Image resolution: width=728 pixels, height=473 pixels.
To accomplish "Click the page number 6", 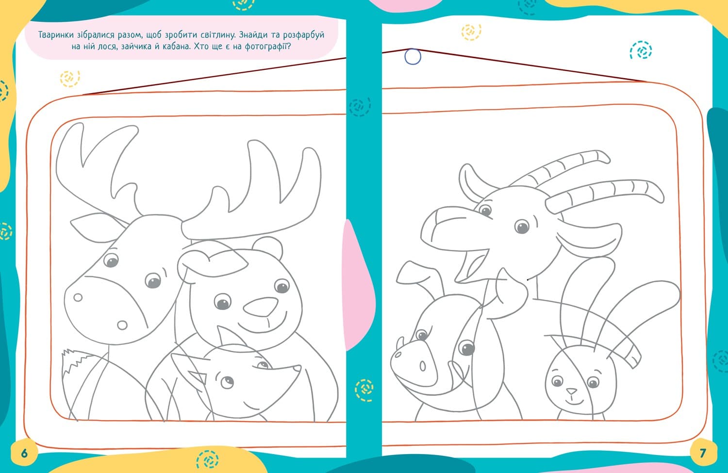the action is pos(24,453).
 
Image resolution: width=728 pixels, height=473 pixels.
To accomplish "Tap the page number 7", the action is pos(703,453).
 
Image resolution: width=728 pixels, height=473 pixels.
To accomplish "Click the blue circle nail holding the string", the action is pos(413,57).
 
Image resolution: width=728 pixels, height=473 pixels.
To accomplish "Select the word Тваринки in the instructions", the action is pos(56,35).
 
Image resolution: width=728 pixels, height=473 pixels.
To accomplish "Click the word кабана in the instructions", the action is pos(176,47).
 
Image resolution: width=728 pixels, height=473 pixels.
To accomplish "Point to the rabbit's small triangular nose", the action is pos(572,391).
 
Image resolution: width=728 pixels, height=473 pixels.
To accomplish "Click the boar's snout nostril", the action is pos(423,366).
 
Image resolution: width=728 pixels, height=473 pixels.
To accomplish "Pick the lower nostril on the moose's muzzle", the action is pos(122,325).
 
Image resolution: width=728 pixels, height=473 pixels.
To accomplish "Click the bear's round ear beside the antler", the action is pos(267,247).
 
